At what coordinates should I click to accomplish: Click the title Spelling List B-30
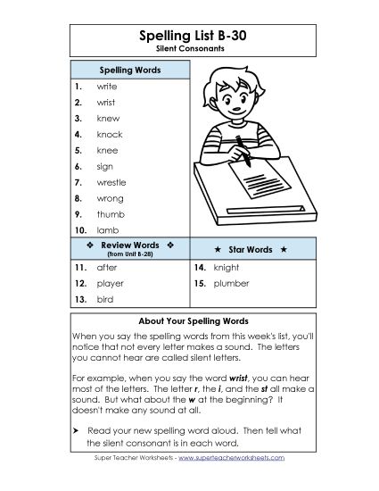[x=189, y=35]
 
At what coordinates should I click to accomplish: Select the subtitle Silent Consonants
[x=189, y=48]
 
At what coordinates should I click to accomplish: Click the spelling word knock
[x=109, y=135]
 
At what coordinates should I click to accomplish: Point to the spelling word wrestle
[x=111, y=182]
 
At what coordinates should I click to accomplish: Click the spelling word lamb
[x=107, y=230]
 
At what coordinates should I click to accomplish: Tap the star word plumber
[x=231, y=283]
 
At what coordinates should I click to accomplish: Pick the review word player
[x=110, y=283]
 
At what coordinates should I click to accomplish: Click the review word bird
[x=104, y=299]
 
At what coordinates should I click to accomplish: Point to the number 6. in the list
[x=78, y=166]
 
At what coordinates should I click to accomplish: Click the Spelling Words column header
[x=129, y=69]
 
